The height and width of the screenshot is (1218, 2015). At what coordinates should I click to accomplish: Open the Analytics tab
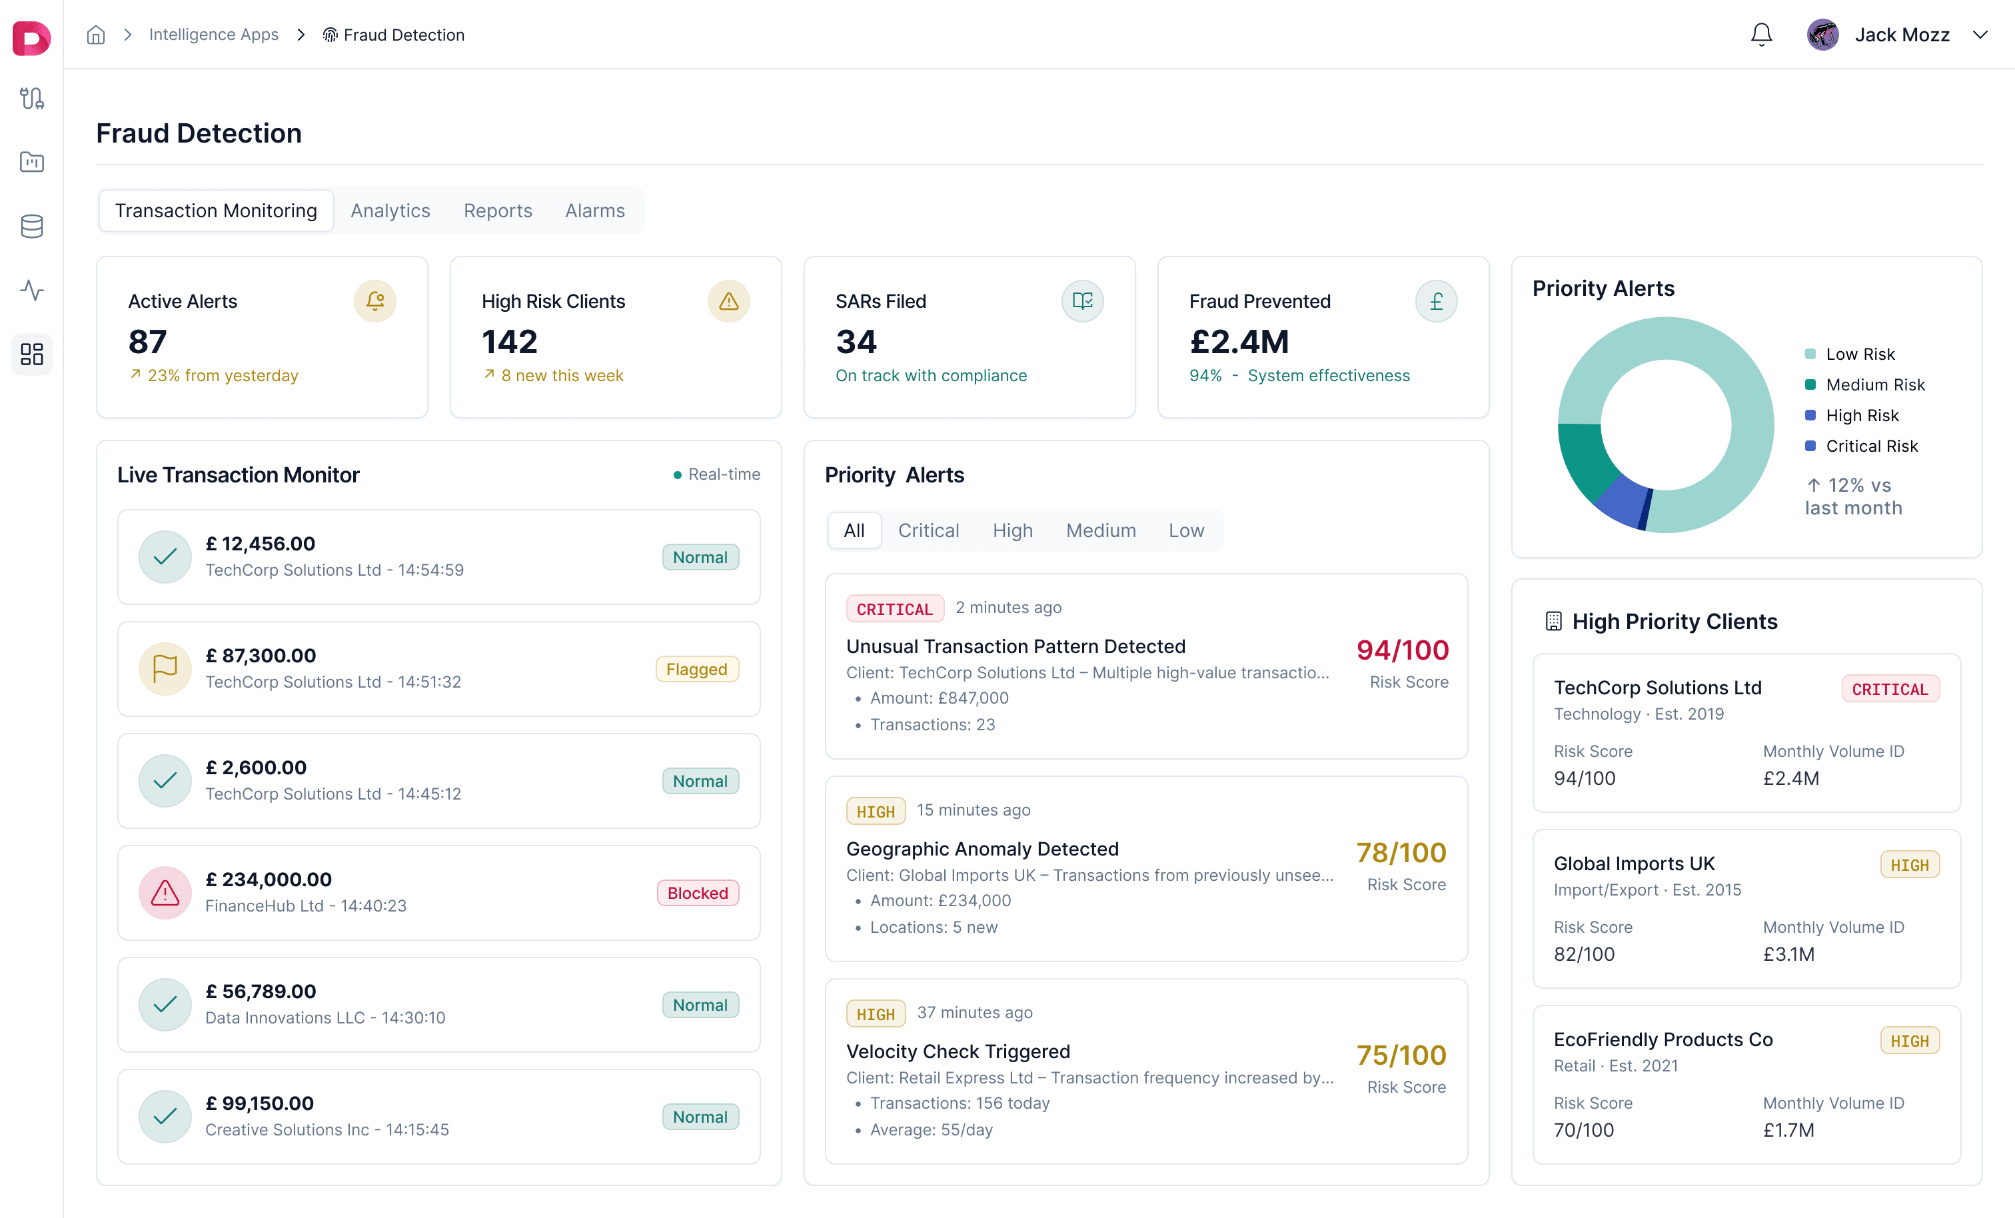(390, 211)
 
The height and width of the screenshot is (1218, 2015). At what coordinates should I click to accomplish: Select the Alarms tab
(594, 211)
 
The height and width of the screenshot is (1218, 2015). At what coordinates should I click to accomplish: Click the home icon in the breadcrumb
(96, 35)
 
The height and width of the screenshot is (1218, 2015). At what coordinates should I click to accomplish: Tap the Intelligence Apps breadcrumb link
(213, 35)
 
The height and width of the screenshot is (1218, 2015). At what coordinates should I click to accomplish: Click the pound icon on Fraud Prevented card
(1436, 301)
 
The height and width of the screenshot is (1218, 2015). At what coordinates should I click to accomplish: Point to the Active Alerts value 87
(147, 342)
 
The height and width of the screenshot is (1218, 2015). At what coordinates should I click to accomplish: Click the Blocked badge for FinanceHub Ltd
(698, 892)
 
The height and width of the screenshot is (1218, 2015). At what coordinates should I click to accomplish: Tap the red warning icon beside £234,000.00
(165, 892)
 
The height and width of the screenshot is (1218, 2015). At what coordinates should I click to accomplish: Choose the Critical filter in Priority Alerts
(928, 530)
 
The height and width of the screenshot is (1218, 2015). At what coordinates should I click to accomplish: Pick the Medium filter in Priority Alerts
(1101, 530)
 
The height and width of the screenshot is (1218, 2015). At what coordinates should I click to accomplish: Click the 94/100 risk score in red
(1403, 650)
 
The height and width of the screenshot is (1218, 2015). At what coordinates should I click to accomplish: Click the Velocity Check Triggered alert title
(958, 1051)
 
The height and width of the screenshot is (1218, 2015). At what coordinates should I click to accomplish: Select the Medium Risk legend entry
(1874, 384)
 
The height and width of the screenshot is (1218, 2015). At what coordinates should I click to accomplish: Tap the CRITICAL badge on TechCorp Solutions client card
(1890, 689)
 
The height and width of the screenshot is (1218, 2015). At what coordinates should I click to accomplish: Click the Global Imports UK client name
(1634, 864)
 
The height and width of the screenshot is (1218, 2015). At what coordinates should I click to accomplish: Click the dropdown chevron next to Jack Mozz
(1980, 35)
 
